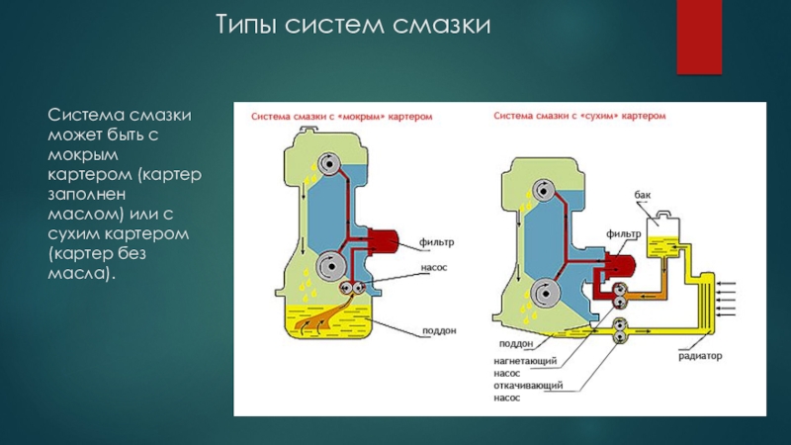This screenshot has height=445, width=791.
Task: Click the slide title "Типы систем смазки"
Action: (353, 25)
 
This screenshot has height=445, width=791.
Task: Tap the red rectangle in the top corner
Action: (699, 37)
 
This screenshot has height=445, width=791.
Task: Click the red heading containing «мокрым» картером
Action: (341, 117)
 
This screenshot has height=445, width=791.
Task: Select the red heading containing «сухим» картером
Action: (579, 116)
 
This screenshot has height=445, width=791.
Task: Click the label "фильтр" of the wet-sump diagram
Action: (437, 242)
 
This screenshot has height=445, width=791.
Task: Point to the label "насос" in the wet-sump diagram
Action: (434, 267)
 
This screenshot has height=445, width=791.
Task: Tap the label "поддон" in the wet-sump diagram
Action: (439, 331)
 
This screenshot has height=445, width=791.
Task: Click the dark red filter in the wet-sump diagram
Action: (384, 241)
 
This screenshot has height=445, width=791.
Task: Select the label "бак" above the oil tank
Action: (642, 195)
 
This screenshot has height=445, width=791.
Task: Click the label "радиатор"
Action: (700, 356)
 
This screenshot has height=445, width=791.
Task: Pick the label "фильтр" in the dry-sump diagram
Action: (624, 234)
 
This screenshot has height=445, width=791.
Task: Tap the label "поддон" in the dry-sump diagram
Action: (516, 343)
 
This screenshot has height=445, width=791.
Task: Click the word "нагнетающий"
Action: (525, 361)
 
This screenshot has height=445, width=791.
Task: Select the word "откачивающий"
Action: (528, 386)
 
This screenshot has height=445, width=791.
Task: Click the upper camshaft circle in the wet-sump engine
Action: (329, 164)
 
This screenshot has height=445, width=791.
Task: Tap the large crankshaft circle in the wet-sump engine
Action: (331, 266)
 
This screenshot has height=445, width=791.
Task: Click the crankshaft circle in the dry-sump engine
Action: (546, 293)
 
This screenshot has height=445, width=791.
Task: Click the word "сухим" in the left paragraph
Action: (73, 233)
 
